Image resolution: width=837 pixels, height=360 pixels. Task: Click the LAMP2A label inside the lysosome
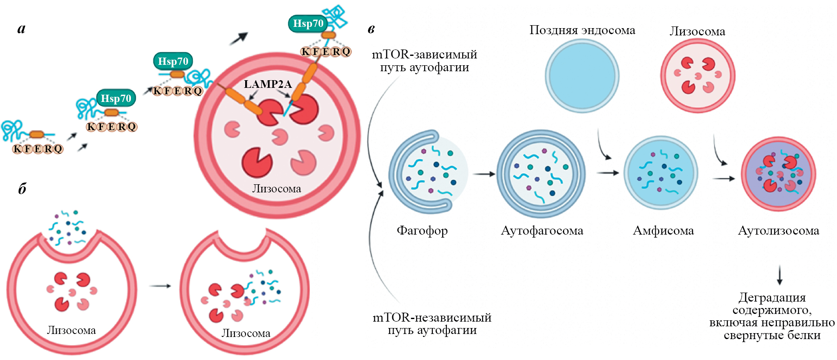click(x=267, y=84)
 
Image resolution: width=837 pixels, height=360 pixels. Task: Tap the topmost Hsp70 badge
click(x=308, y=23)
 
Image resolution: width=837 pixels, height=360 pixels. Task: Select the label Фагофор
click(x=422, y=231)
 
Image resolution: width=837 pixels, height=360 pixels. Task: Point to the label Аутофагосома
click(x=542, y=231)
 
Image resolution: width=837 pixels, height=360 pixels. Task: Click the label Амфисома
click(x=663, y=231)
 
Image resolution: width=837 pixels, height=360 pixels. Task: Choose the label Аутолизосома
click(x=778, y=231)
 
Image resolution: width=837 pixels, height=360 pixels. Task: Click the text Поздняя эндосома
click(x=582, y=30)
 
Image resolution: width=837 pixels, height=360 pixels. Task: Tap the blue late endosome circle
click(x=582, y=76)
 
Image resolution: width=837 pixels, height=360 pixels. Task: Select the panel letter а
click(x=21, y=29)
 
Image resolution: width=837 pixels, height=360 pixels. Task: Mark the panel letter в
click(x=371, y=29)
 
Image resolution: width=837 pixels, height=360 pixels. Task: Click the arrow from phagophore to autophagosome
click(x=484, y=174)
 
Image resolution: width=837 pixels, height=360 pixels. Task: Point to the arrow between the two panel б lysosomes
click(x=160, y=286)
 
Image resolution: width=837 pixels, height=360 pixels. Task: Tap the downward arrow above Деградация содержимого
click(x=779, y=275)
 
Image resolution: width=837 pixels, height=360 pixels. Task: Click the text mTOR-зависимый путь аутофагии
click(x=424, y=61)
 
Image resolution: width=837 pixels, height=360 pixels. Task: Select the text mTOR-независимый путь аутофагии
click(x=432, y=324)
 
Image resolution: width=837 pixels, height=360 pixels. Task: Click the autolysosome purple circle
click(x=778, y=174)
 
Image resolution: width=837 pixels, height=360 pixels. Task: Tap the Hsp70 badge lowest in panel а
click(x=116, y=99)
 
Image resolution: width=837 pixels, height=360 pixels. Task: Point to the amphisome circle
click(x=660, y=173)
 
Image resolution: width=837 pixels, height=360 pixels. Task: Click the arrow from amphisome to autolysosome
click(x=724, y=178)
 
